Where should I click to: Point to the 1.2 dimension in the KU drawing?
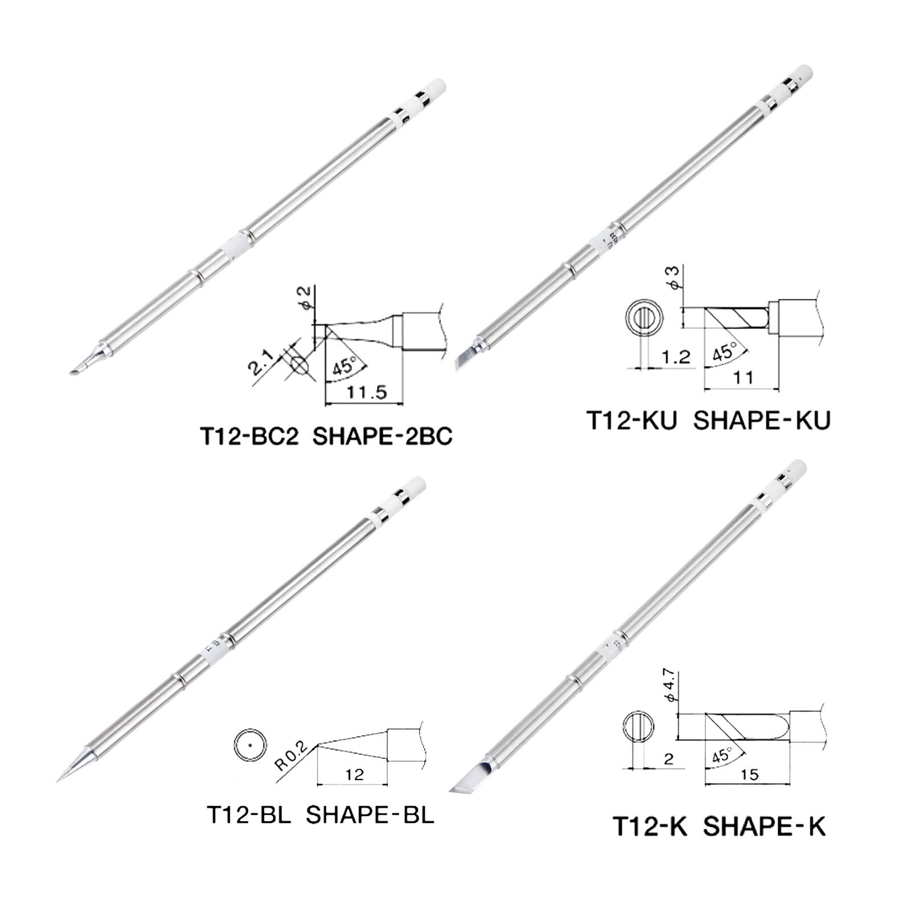pyautogui.click(x=676, y=357)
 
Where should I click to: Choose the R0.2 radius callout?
pyautogui.click(x=292, y=756)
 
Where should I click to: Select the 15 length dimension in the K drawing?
pyautogui.click(x=750, y=774)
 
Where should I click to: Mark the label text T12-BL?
pyautogui.click(x=248, y=815)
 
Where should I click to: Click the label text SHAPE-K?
pyautogui.click(x=764, y=826)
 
